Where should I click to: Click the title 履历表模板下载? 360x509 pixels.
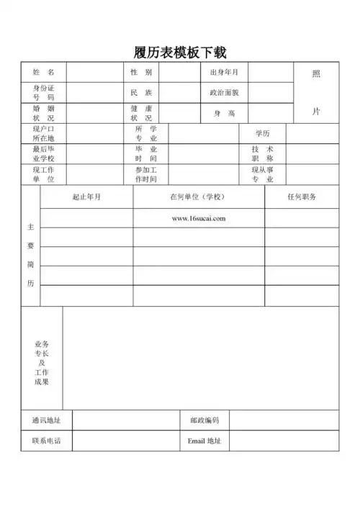pyautogui.click(x=180, y=53)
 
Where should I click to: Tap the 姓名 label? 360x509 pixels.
pyautogui.click(x=43, y=73)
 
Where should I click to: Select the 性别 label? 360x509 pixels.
pyautogui.click(x=141, y=73)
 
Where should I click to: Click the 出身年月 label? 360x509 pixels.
pyautogui.click(x=224, y=73)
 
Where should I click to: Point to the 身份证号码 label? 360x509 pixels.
pyautogui.click(x=43, y=92)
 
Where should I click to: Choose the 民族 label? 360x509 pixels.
pyautogui.click(x=141, y=93)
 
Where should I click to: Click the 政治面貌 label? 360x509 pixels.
pyautogui.click(x=224, y=93)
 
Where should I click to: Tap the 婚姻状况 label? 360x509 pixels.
pyautogui.click(x=43, y=113)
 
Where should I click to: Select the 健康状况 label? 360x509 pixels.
pyautogui.click(x=141, y=113)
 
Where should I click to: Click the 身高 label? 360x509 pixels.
pyautogui.click(x=224, y=114)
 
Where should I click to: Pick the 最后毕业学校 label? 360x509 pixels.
pyautogui.click(x=43, y=154)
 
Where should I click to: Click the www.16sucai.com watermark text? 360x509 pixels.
pyautogui.click(x=199, y=219)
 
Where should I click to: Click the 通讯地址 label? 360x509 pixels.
pyautogui.click(x=46, y=420)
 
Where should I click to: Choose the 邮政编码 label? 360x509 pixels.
pyautogui.click(x=204, y=420)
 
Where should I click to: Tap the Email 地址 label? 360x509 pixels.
pyautogui.click(x=204, y=441)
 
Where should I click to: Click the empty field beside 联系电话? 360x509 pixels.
pyautogui.click(x=125, y=441)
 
